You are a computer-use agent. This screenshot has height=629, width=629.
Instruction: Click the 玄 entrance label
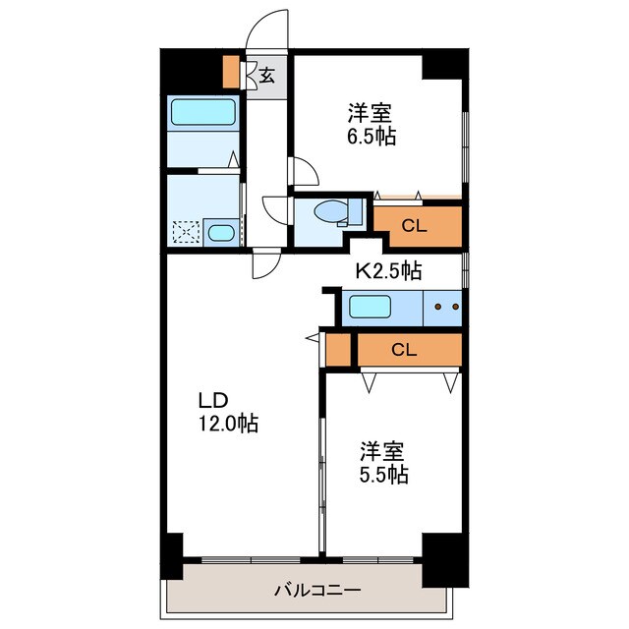(x=266, y=76)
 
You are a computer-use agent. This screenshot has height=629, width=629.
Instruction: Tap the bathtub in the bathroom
(x=203, y=112)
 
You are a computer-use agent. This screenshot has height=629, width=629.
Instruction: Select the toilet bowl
(x=331, y=211)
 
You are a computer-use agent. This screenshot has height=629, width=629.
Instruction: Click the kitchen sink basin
(x=370, y=307)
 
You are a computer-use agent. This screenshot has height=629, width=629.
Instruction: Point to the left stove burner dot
(x=438, y=307)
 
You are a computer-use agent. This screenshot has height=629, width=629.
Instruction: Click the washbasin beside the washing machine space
(x=221, y=233)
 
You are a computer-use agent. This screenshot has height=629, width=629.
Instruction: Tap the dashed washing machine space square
(x=186, y=233)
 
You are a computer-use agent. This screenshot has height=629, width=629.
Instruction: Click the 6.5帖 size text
(x=372, y=137)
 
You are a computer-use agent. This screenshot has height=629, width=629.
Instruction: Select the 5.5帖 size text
(x=384, y=475)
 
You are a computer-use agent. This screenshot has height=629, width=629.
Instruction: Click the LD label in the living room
(x=214, y=400)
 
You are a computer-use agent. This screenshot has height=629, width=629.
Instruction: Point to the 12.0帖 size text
(x=228, y=424)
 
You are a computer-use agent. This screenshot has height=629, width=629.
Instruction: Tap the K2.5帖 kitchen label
(x=389, y=271)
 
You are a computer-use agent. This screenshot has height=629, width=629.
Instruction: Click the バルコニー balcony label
(x=317, y=590)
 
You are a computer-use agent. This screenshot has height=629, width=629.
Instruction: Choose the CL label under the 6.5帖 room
(x=415, y=226)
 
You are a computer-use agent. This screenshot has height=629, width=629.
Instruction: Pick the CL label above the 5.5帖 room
(x=404, y=350)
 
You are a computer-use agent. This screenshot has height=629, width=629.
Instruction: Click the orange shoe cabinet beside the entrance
(x=231, y=72)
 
